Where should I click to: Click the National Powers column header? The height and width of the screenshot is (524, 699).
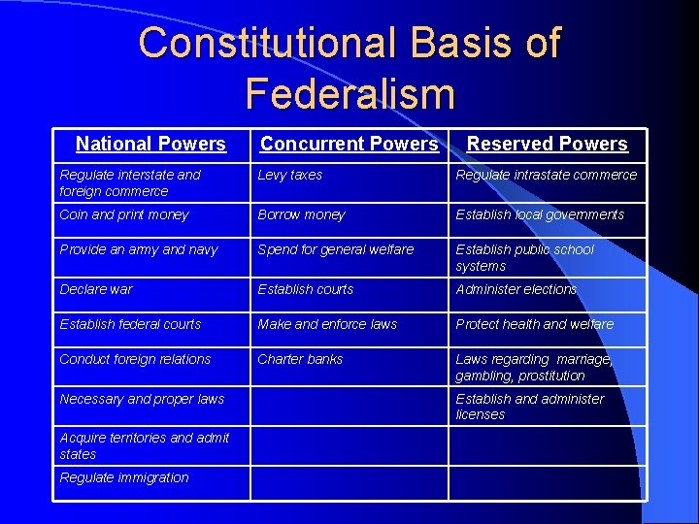(x=150, y=145)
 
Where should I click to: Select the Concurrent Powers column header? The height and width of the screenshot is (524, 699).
(x=349, y=145)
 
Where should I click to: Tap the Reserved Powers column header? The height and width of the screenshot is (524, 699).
(x=547, y=145)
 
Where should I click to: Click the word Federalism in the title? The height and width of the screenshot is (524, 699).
(x=349, y=93)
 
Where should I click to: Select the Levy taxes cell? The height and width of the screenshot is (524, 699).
(x=289, y=176)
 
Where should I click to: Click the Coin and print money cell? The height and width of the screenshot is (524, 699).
(x=124, y=215)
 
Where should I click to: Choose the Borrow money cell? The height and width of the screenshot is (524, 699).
(x=301, y=215)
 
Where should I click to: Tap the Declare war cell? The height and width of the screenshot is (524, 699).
(x=96, y=290)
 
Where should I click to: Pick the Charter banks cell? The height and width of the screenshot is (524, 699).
(x=300, y=360)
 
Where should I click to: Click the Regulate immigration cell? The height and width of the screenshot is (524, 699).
(x=124, y=478)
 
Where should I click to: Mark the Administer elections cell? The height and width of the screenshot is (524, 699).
(x=516, y=290)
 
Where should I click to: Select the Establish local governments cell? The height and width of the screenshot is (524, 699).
(x=540, y=215)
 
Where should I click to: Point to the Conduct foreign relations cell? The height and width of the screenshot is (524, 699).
(x=135, y=360)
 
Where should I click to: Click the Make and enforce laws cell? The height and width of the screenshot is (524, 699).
(x=327, y=325)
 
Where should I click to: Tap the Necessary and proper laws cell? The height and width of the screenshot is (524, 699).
(x=142, y=400)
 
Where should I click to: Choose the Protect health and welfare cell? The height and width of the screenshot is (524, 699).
(x=535, y=325)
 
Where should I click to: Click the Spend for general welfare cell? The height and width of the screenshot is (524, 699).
(x=335, y=250)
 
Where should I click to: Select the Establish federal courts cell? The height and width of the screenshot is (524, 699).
(x=130, y=325)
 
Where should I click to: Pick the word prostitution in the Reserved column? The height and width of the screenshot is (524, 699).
(x=551, y=377)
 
